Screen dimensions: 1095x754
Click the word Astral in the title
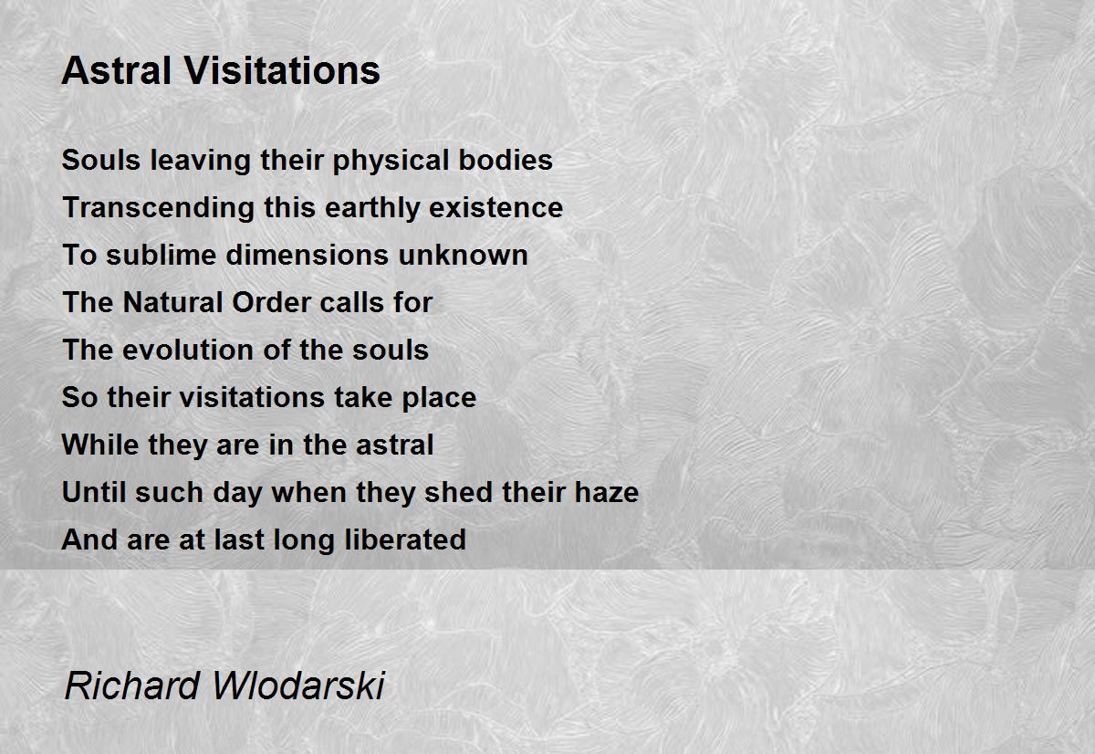pyautogui.click(x=117, y=70)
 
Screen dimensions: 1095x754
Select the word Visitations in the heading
pyautogui.click(x=282, y=70)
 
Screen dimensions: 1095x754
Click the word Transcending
pyautogui.click(x=159, y=209)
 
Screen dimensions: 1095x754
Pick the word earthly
pyautogui.click(x=372, y=209)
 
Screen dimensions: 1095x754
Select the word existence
pyautogui.click(x=496, y=208)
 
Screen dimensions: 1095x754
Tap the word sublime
pyautogui.click(x=162, y=256)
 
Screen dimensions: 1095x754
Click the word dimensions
pyautogui.click(x=307, y=256)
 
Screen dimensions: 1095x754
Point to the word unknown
pyautogui.click(x=464, y=256)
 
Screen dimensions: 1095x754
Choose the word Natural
pyautogui.click(x=173, y=302)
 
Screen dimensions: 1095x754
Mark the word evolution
pyautogui.click(x=188, y=351)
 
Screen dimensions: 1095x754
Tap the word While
pyautogui.click(x=100, y=445)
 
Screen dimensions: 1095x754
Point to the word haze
pyautogui.click(x=607, y=492)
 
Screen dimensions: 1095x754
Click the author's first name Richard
pyautogui.click(x=132, y=686)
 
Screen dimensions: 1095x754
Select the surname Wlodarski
pyautogui.click(x=299, y=686)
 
